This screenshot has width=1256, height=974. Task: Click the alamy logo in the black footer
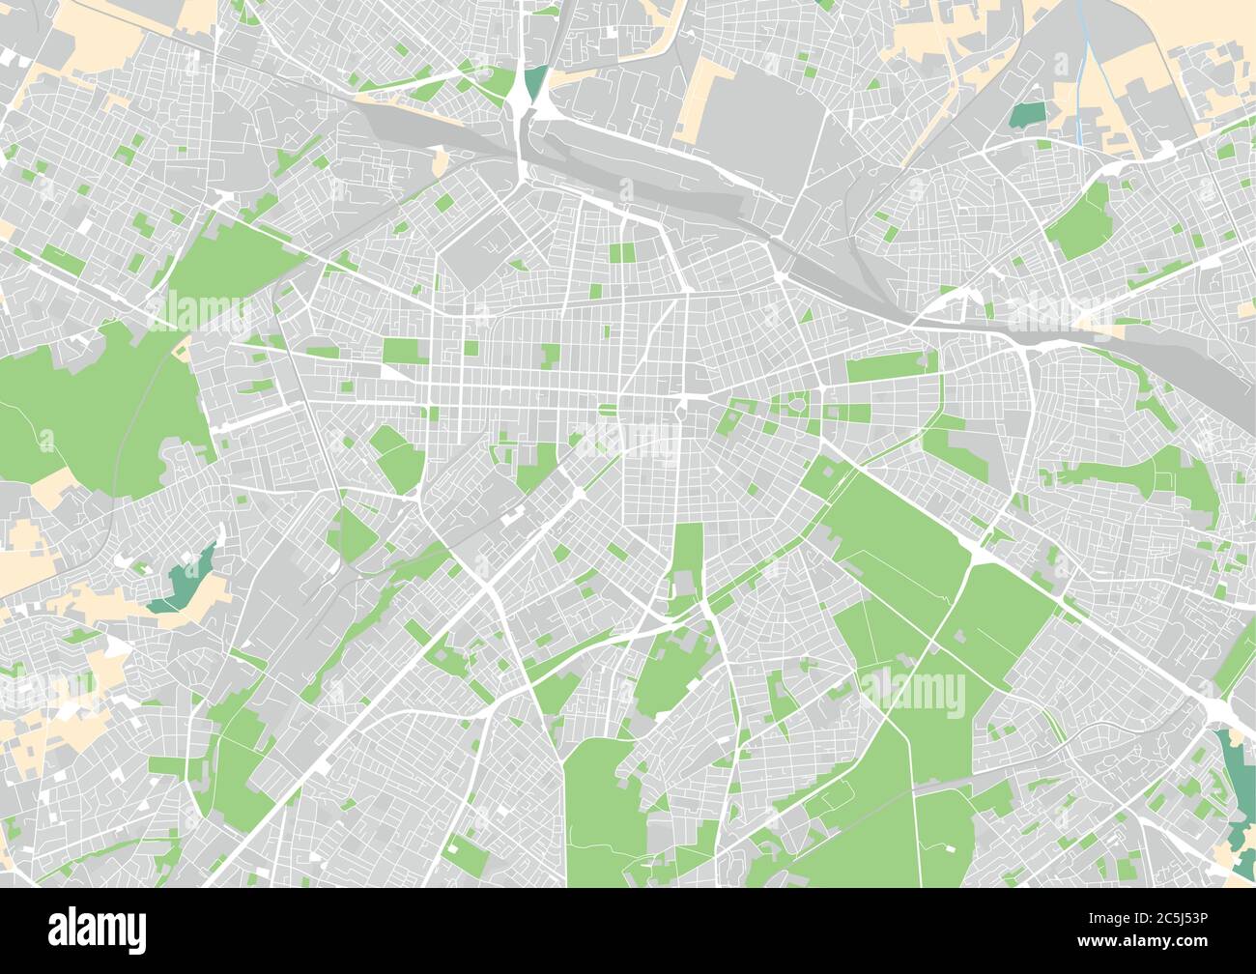(x=97, y=929)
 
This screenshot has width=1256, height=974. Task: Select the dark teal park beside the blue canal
(x=1028, y=115)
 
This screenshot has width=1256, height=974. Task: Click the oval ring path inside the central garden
(x=798, y=406)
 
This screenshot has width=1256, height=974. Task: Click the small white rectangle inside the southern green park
(x=948, y=847)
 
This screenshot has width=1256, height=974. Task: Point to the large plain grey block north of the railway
(x=763, y=135)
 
